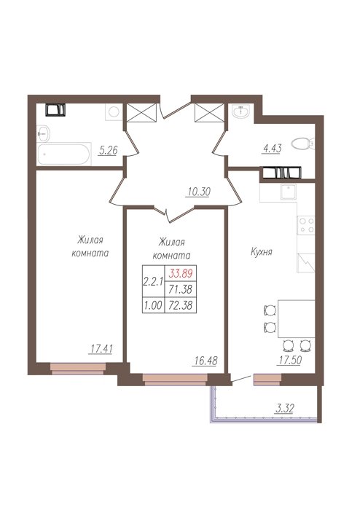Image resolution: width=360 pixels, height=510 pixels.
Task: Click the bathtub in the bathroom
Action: (x=64, y=154)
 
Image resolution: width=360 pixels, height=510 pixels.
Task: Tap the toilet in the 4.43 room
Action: (x=302, y=144)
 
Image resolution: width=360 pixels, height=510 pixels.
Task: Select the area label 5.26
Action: (x=108, y=151)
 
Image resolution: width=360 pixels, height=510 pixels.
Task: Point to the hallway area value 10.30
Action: (x=198, y=192)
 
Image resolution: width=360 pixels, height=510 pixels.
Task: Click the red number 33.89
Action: (x=181, y=273)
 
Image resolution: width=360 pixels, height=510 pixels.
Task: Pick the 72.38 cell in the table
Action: (x=181, y=305)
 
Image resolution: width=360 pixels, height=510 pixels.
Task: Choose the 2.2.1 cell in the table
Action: (x=154, y=281)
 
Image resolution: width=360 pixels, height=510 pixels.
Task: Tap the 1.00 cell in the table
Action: (x=154, y=305)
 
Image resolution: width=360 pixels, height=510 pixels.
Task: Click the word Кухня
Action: (x=261, y=252)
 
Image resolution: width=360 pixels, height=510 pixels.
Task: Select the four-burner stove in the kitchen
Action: (x=305, y=225)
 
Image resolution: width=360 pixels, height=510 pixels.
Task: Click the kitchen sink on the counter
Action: (x=288, y=192)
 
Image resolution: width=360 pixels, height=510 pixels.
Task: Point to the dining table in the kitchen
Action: (x=296, y=318)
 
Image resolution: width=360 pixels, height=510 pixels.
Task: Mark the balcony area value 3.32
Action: (x=284, y=409)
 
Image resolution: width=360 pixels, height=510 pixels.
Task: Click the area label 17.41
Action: (x=101, y=349)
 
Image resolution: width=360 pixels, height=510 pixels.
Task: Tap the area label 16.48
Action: (x=205, y=361)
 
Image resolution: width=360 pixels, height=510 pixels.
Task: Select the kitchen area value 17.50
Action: (x=289, y=360)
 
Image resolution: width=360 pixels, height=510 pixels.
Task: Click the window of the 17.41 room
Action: (x=79, y=369)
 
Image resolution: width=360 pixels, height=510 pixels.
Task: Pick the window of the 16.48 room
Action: (x=175, y=380)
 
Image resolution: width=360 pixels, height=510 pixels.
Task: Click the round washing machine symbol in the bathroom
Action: (x=114, y=112)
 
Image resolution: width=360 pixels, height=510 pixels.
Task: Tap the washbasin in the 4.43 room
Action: (x=241, y=111)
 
